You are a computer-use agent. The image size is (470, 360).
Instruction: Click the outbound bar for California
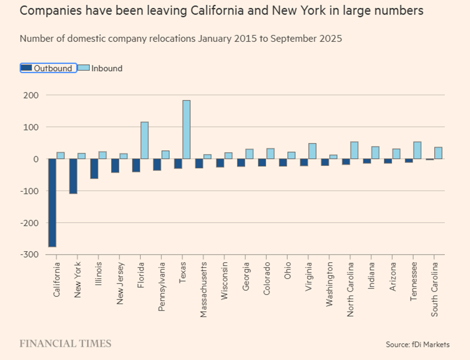52,203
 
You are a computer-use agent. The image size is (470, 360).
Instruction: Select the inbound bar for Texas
187,130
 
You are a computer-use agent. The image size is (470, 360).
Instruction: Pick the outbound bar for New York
73,176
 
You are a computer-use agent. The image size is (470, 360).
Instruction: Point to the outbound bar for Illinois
94,169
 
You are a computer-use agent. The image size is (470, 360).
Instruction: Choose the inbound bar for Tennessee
417,150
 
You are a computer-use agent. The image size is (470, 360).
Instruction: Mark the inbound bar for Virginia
312,151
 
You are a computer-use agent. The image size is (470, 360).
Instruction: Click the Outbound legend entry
48,68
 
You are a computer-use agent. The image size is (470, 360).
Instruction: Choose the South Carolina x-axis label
434,289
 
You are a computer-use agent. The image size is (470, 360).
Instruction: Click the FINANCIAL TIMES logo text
65,344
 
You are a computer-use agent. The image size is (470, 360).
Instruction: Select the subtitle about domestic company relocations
181,39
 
